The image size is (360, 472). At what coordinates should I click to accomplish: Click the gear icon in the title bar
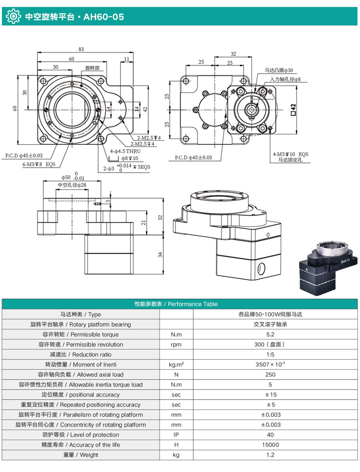tap(13, 17)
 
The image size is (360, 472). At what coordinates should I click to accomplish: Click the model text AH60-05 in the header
tap(104, 18)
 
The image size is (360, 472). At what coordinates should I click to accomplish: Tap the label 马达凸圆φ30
tap(279, 71)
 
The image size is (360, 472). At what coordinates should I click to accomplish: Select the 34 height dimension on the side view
tap(160, 255)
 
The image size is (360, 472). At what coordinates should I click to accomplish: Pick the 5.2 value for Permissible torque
tap(270, 334)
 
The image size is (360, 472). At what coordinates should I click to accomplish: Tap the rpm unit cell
tap(176, 344)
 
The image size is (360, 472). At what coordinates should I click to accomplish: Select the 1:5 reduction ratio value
tap(270, 355)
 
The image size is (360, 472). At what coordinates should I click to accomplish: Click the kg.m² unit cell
tap(176, 365)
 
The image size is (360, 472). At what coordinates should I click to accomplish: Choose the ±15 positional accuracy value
tap(270, 395)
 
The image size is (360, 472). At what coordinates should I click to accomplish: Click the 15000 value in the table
tap(270, 445)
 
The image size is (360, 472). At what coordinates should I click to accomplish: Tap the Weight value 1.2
tap(270, 455)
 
